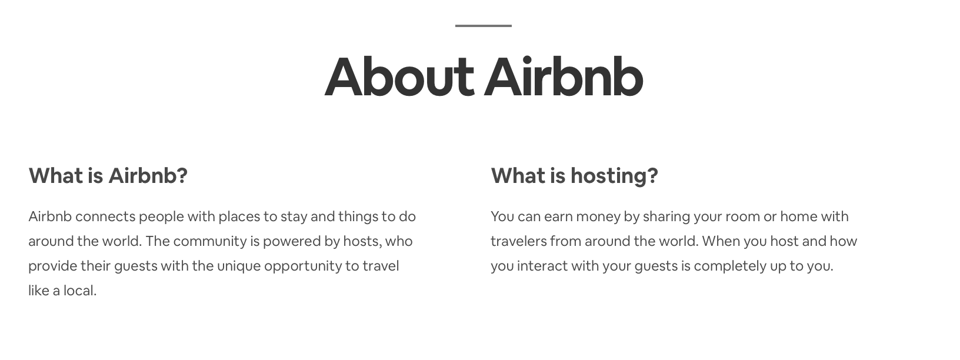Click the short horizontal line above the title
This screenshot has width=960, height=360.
tap(483, 26)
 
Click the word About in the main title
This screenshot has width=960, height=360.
tap(399, 77)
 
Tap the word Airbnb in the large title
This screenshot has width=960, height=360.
tap(564, 77)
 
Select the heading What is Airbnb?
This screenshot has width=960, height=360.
tap(108, 175)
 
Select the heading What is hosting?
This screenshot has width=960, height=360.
tap(574, 175)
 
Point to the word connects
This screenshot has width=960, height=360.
tap(105, 216)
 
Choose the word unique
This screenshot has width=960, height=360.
tap(238, 266)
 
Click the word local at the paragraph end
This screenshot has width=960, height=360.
tap(82, 291)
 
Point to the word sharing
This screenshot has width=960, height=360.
tap(666, 217)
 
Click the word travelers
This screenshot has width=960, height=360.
tap(518, 241)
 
